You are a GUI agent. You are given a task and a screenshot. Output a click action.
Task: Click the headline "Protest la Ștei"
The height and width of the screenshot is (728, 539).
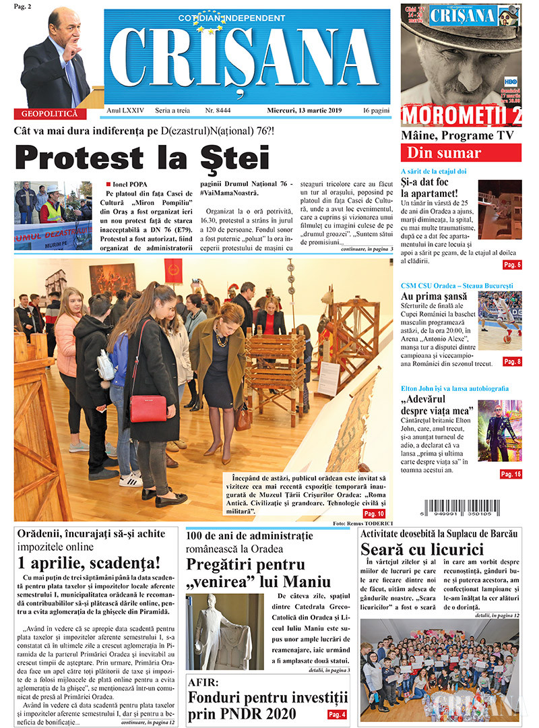pyautogui.click(x=142, y=158)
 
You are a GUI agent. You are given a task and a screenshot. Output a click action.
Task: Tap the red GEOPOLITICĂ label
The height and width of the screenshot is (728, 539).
pyautogui.click(x=51, y=114)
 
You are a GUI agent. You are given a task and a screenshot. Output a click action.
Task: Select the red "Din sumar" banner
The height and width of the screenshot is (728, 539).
pyautogui.click(x=460, y=152)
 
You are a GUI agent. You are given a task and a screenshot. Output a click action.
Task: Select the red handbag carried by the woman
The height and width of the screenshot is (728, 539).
pyautogui.click(x=148, y=408)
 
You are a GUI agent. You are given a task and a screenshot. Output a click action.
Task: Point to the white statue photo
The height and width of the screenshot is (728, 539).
pyautogui.click(x=225, y=632)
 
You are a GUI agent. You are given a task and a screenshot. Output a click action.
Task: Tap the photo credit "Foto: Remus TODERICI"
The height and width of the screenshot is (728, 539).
pyautogui.click(x=362, y=524)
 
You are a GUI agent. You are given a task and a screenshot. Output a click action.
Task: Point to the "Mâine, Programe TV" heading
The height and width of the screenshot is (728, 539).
pyautogui.click(x=457, y=135)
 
